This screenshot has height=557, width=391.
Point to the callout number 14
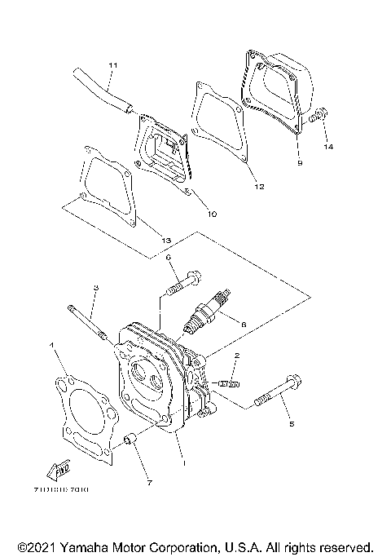click(x=328, y=147)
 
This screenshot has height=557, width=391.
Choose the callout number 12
click(x=260, y=187)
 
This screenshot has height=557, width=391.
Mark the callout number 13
click(x=165, y=241)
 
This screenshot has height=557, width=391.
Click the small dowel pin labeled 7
click(x=129, y=442)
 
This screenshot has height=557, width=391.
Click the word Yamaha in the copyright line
click(x=84, y=545)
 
